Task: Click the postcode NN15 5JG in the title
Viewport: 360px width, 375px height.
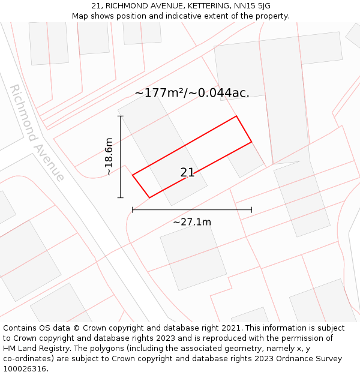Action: point(249,5)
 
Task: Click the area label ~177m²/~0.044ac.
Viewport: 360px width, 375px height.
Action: point(192,93)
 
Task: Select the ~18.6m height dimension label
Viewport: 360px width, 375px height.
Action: point(109,157)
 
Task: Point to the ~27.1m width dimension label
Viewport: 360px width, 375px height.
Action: point(192,222)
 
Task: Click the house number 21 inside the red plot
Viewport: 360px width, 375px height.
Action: point(187,173)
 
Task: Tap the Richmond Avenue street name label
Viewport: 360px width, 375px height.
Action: point(37,133)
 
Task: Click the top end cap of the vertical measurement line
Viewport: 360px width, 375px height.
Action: point(121,116)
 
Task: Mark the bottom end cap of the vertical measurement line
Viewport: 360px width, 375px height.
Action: point(121,197)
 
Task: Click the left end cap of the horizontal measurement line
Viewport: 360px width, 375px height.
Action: point(133,210)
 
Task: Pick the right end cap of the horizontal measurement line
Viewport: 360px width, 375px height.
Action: point(251,210)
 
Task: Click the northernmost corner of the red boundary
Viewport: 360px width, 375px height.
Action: point(236,116)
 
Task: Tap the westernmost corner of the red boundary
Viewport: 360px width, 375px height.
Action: point(133,175)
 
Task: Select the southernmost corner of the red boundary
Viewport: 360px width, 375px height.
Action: point(149,197)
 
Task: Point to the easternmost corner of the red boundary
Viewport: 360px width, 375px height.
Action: point(251,142)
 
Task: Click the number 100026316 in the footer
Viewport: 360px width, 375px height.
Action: point(25,369)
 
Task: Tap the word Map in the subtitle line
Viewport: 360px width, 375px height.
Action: point(81,16)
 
